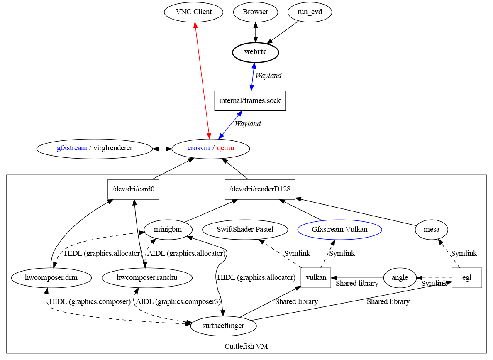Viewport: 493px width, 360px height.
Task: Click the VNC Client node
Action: point(194,12)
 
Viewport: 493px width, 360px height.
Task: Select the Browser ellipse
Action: point(255,12)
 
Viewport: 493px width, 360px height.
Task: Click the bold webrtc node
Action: point(255,52)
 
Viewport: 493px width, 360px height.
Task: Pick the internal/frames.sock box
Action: point(250,100)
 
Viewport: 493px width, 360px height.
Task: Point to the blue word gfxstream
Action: point(72,148)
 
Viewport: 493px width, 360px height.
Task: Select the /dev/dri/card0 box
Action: point(133,189)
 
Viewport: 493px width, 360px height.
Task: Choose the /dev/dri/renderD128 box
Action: point(260,189)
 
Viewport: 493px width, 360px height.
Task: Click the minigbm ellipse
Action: point(168,230)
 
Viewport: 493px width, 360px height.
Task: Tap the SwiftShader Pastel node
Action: point(245,229)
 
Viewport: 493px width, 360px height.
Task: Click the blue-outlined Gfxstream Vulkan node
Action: point(339,229)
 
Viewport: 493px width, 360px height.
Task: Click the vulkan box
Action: point(315,278)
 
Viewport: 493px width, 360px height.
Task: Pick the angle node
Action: point(400,278)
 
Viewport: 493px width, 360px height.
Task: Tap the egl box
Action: point(466,278)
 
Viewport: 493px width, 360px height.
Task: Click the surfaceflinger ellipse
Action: point(223,326)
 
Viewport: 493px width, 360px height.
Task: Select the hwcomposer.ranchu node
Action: point(147,278)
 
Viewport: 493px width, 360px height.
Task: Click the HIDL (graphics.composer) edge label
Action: point(90,302)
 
